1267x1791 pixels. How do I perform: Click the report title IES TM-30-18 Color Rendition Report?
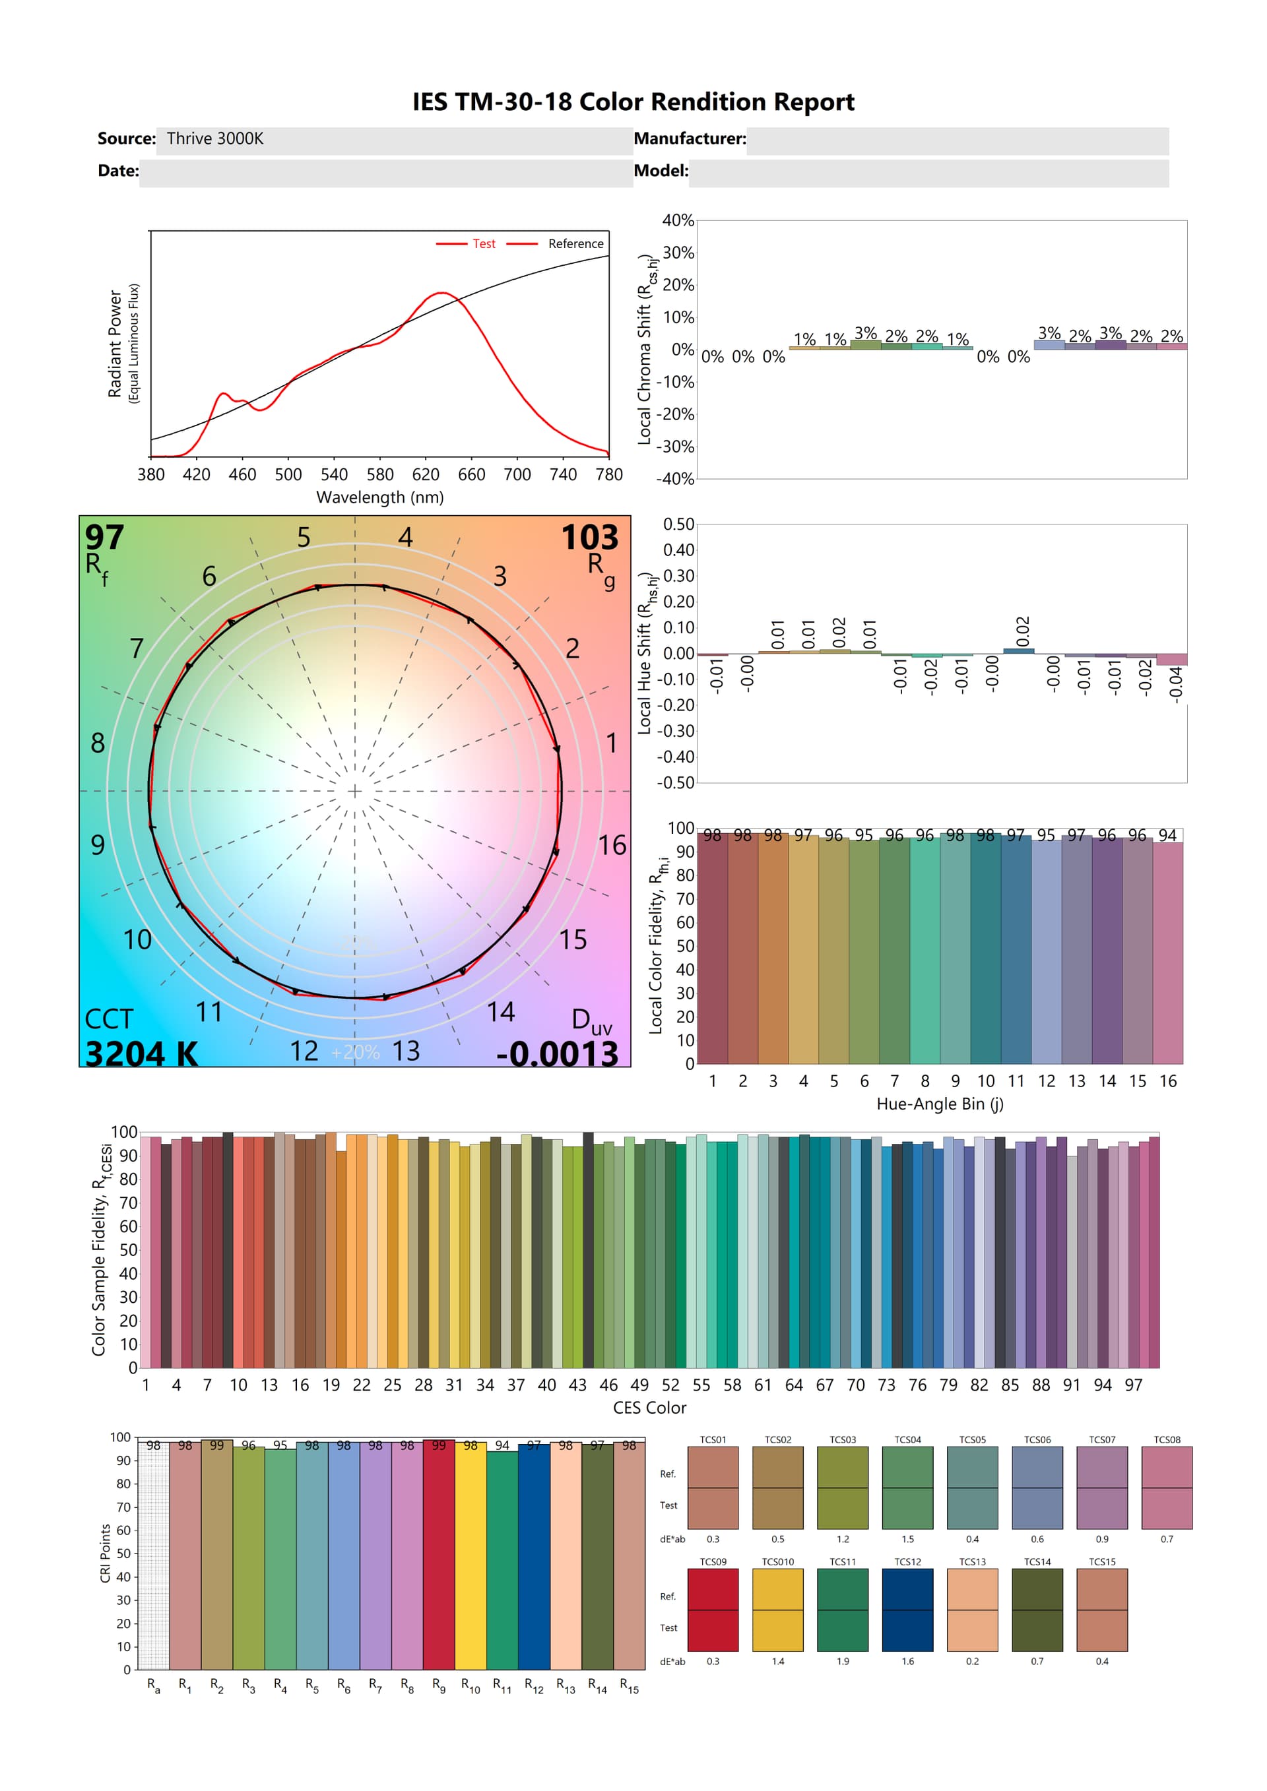(x=633, y=102)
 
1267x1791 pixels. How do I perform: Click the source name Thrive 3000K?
(x=214, y=139)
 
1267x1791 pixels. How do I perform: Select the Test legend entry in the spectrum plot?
(x=483, y=243)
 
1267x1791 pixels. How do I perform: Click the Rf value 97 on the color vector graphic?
(x=104, y=538)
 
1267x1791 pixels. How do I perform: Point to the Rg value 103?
(x=589, y=538)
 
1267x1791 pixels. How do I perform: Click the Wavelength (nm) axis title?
(x=380, y=497)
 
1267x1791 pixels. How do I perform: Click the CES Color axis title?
(x=649, y=1407)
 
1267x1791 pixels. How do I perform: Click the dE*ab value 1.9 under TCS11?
(x=843, y=1662)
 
